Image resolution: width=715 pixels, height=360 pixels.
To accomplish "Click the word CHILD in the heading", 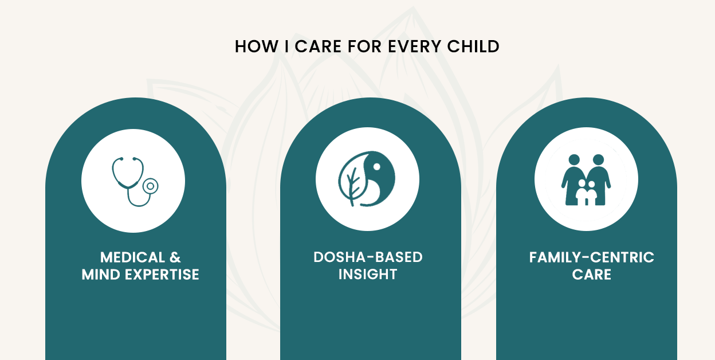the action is point(473,46).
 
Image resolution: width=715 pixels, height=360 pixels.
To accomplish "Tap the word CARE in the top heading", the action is point(318,46).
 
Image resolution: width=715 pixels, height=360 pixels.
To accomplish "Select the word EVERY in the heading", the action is point(415,46).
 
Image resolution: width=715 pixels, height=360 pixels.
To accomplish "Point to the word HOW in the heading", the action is point(257,46).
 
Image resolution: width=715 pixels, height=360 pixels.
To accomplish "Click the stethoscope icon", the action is point(135,182).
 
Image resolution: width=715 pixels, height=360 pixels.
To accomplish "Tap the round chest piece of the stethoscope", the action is point(150,186).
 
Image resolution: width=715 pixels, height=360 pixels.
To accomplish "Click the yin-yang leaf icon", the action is point(367,179).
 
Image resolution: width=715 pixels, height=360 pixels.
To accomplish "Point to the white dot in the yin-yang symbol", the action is point(376,166).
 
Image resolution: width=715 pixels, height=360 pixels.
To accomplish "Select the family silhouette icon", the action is point(586,180).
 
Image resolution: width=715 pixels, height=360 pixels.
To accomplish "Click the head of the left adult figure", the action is point(574,160).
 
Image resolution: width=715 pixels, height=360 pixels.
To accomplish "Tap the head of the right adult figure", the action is point(598,160).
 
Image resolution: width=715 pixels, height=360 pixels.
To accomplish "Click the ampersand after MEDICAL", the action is point(175,257).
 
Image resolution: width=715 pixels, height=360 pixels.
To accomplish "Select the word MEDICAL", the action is point(132,257).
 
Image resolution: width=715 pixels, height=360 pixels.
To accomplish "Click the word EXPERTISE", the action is point(162,275).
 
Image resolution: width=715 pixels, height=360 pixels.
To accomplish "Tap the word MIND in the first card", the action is point(101,275).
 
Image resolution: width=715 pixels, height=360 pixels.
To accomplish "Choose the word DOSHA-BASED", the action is point(368,257).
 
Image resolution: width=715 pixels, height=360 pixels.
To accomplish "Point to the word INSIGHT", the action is point(368,275).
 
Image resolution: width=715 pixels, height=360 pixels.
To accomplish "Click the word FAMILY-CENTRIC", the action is point(591,257).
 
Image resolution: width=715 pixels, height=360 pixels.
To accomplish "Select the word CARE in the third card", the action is point(591,275).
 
